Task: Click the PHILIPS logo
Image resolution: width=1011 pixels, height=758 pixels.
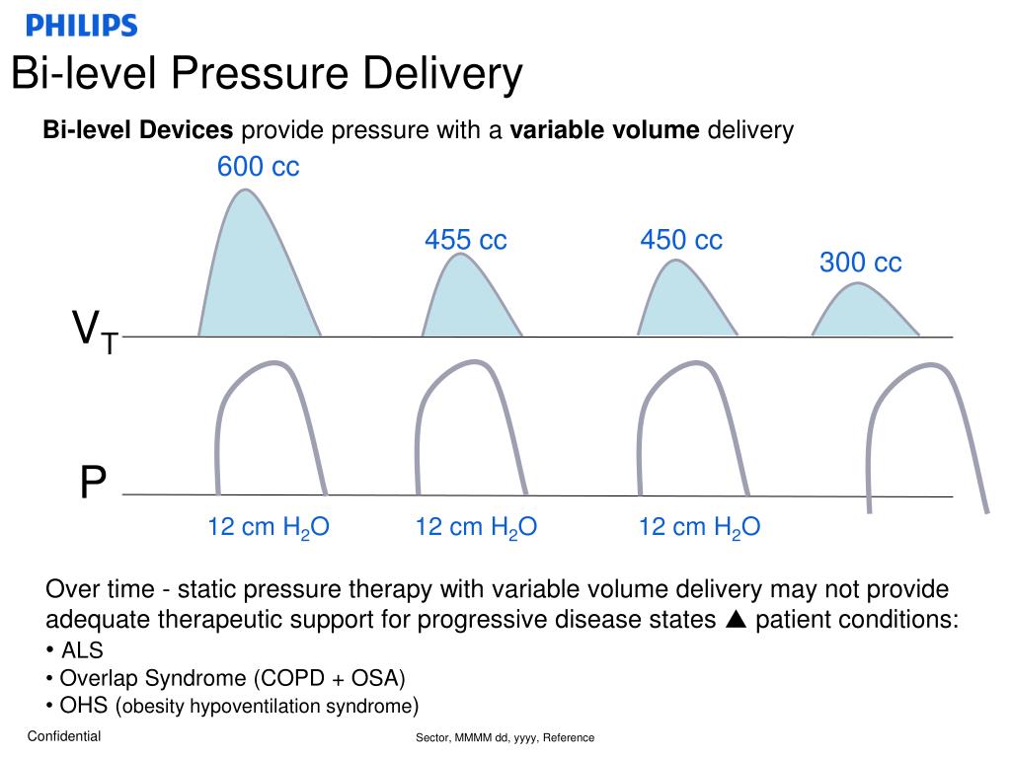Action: tap(81, 26)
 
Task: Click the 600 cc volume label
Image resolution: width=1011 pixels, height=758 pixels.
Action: tap(258, 168)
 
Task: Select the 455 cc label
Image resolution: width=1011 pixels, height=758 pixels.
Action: tap(465, 240)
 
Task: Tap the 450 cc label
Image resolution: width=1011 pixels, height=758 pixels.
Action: tap(680, 240)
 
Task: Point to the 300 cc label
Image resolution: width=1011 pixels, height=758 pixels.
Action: tap(860, 263)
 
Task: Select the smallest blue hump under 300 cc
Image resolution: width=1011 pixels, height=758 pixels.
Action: tap(864, 314)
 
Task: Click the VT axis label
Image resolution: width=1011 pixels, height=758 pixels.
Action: tap(95, 331)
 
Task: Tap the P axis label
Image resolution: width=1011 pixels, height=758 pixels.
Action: tap(93, 484)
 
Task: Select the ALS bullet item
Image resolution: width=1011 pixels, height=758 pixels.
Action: tap(81, 650)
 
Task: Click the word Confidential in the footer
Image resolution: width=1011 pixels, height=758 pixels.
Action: tap(63, 736)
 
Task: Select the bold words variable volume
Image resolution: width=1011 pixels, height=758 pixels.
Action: tap(604, 130)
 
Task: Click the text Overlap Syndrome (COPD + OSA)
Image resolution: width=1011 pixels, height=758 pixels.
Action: tap(232, 678)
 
